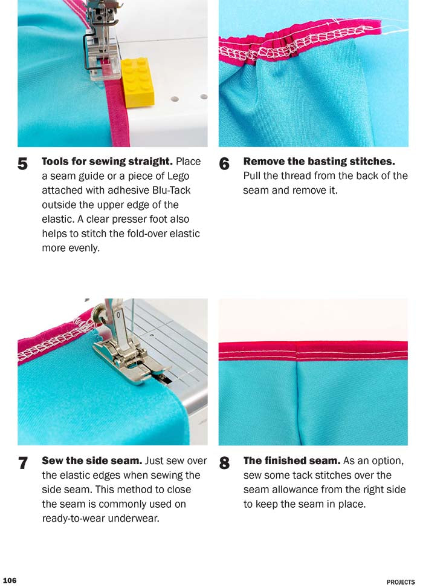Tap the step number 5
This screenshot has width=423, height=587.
pos(23,164)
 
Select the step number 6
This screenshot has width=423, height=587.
pos(224,164)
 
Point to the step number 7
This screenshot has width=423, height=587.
pos(23,463)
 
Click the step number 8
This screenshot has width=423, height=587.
pos(224,463)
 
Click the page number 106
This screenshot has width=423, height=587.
pos(10,580)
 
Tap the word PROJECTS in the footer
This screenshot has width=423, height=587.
pos(401,582)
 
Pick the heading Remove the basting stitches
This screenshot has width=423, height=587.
pos(319,162)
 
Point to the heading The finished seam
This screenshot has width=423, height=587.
pos(291,461)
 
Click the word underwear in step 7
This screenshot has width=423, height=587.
pos(140,518)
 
